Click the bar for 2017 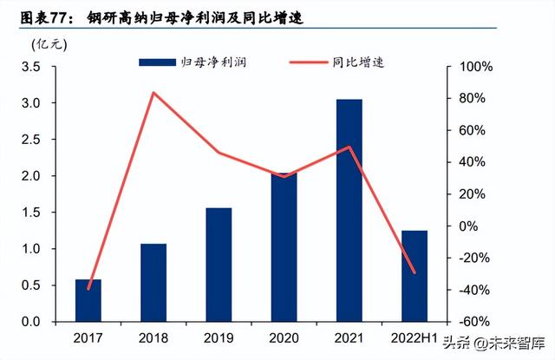tap(88, 300)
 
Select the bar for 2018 tap(153, 282)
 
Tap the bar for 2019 tap(219, 265)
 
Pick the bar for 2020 tap(284, 247)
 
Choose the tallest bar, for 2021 tap(349, 210)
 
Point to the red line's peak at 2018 tap(153, 93)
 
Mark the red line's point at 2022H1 tap(415, 272)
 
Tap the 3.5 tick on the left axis tap(39, 67)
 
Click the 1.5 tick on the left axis tap(39, 213)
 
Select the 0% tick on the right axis tap(468, 226)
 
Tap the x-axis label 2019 tap(219, 336)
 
